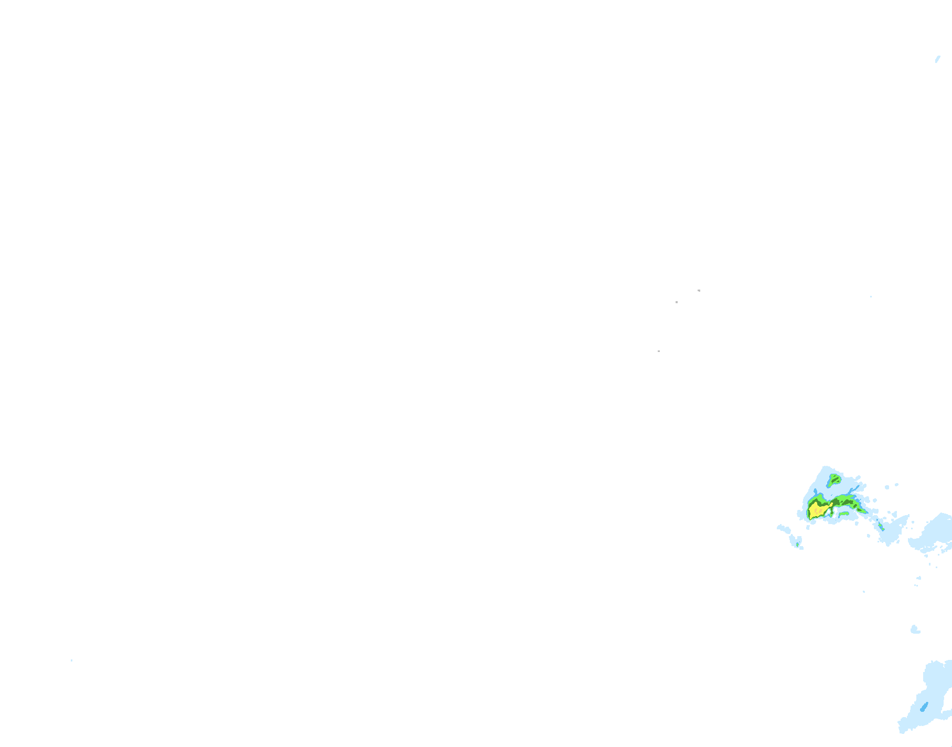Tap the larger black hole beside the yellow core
click(x=836, y=511)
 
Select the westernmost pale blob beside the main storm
click(x=783, y=529)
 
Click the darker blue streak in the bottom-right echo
click(x=924, y=707)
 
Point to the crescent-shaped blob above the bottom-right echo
click(x=915, y=629)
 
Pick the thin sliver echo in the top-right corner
click(x=937, y=59)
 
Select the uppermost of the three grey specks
click(x=699, y=290)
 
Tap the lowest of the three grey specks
click(x=659, y=351)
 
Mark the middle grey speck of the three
click(x=677, y=302)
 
